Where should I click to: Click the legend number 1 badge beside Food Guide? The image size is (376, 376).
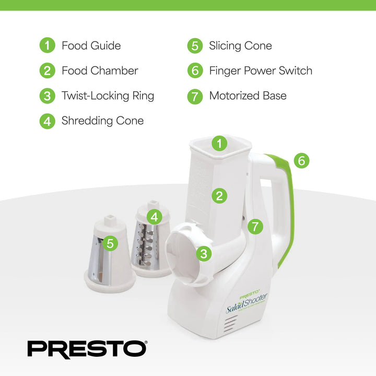pos(47,45)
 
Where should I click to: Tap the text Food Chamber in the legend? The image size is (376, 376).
pos(99,70)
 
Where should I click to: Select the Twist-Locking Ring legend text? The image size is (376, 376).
pos(108,96)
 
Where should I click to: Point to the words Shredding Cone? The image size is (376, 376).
pos(102,121)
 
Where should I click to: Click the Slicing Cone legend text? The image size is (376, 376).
pos(240,45)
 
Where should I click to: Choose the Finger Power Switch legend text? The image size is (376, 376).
pos(261,70)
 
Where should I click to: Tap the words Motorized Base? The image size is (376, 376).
pos(248,96)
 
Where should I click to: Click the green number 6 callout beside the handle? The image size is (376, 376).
pos(301,160)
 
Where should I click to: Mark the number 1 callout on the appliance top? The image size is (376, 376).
pos(220,143)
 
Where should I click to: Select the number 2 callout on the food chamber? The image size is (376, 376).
pos(220,196)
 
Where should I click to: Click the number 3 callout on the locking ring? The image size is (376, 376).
pos(204,254)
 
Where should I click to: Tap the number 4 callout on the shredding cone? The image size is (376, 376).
pos(154,216)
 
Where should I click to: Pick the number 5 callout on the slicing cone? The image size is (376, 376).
pos(110,243)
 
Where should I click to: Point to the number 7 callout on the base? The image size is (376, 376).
pos(254,227)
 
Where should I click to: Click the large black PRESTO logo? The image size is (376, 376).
pos(87,348)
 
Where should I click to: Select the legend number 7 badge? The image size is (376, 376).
pos(195,96)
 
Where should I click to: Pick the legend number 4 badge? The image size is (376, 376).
pos(47,121)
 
